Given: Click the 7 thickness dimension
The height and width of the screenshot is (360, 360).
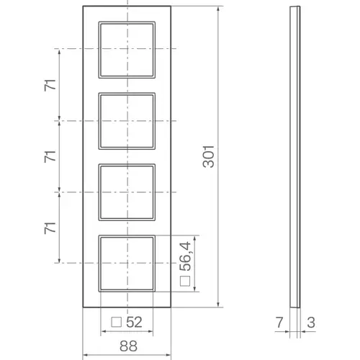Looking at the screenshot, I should [x=279, y=321].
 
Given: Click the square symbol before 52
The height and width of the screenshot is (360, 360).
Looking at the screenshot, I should [x=116, y=321].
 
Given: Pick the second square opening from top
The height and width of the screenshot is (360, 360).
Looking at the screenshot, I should [x=127, y=120].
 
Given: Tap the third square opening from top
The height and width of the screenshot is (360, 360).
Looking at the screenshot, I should [x=127, y=192].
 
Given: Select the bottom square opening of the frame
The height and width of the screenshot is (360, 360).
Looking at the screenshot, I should [x=127, y=263].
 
